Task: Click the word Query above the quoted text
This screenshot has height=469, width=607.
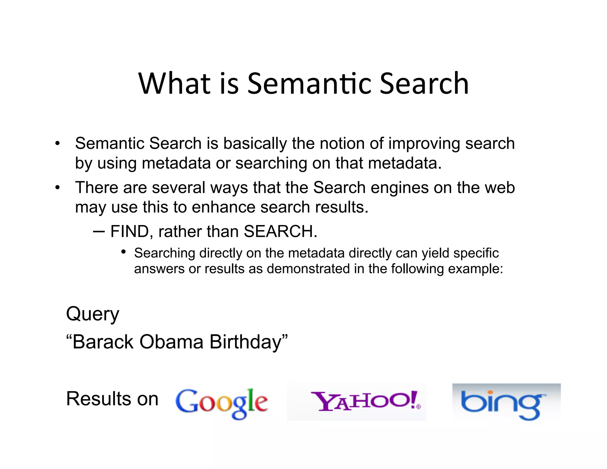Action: tap(92, 314)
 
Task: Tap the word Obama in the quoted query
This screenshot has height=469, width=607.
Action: tap(171, 342)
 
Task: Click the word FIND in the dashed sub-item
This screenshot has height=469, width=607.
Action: tap(130, 231)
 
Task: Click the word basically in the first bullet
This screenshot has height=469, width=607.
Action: tap(255, 144)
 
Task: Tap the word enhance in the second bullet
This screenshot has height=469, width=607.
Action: tap(223, 207)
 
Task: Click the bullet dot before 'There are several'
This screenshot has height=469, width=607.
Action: tap(57, 188)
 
